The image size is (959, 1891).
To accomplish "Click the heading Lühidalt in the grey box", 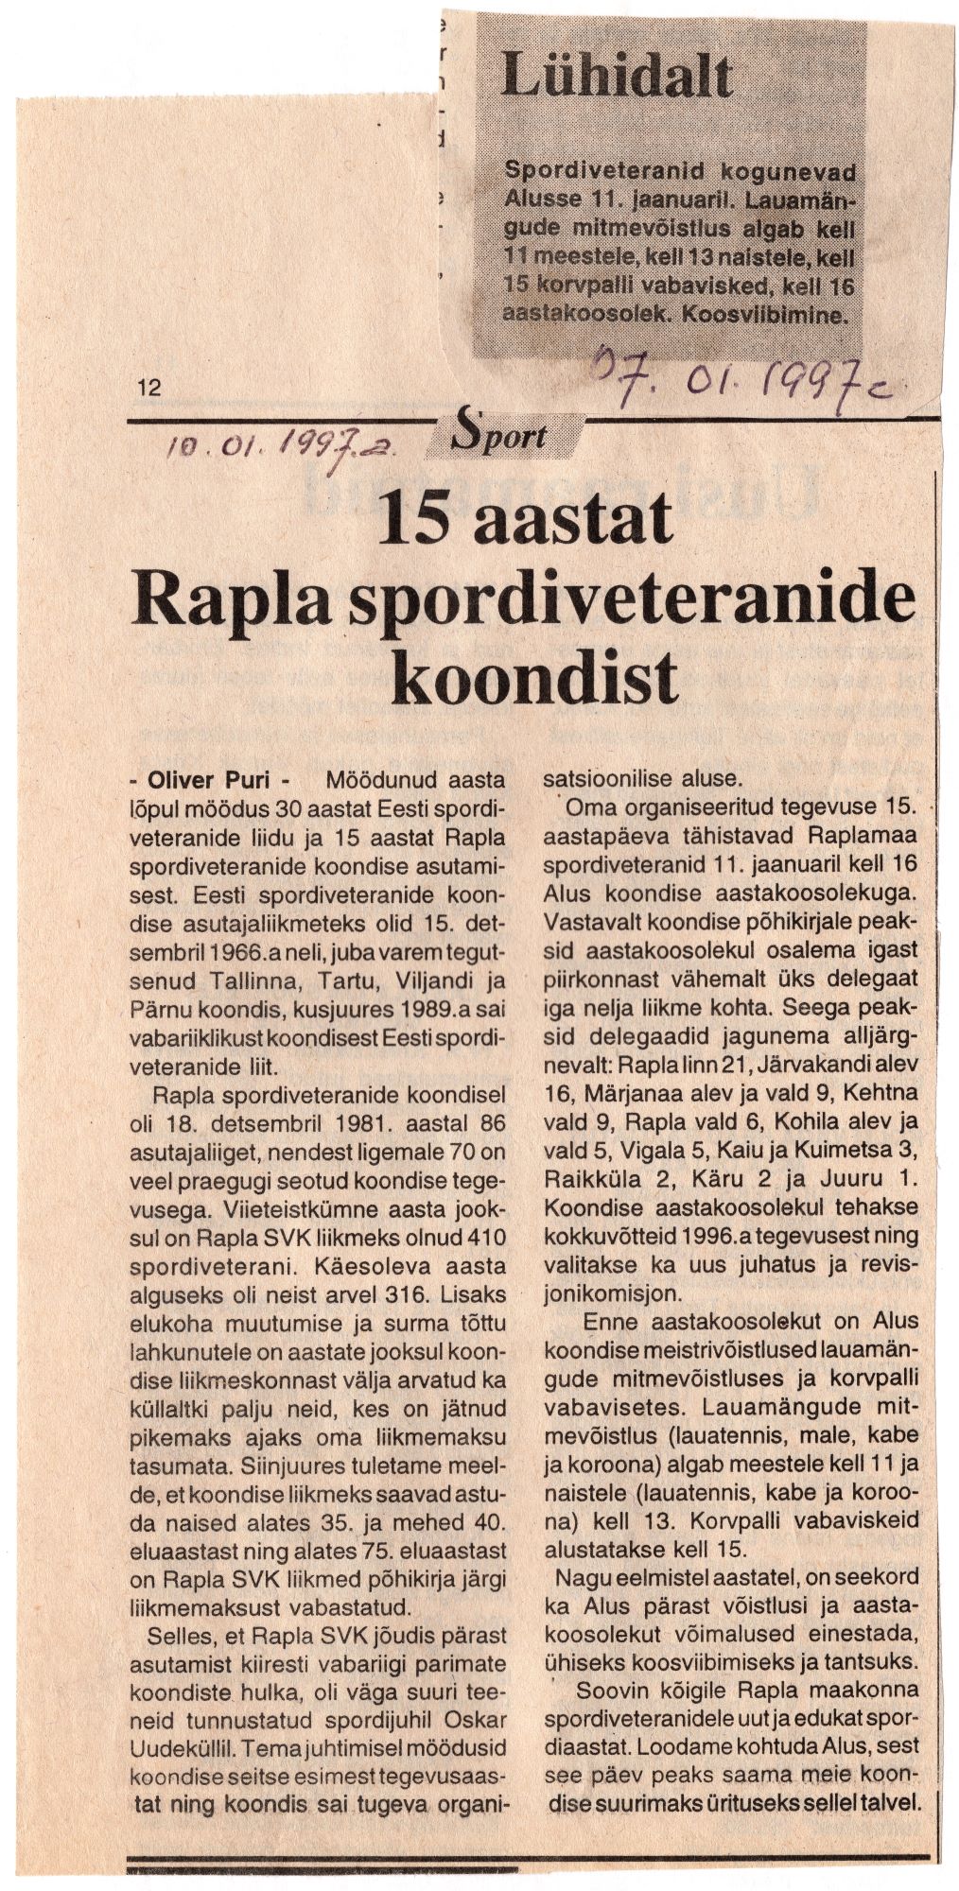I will coord(616,77).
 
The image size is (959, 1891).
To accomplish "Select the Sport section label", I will coord(503,435).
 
